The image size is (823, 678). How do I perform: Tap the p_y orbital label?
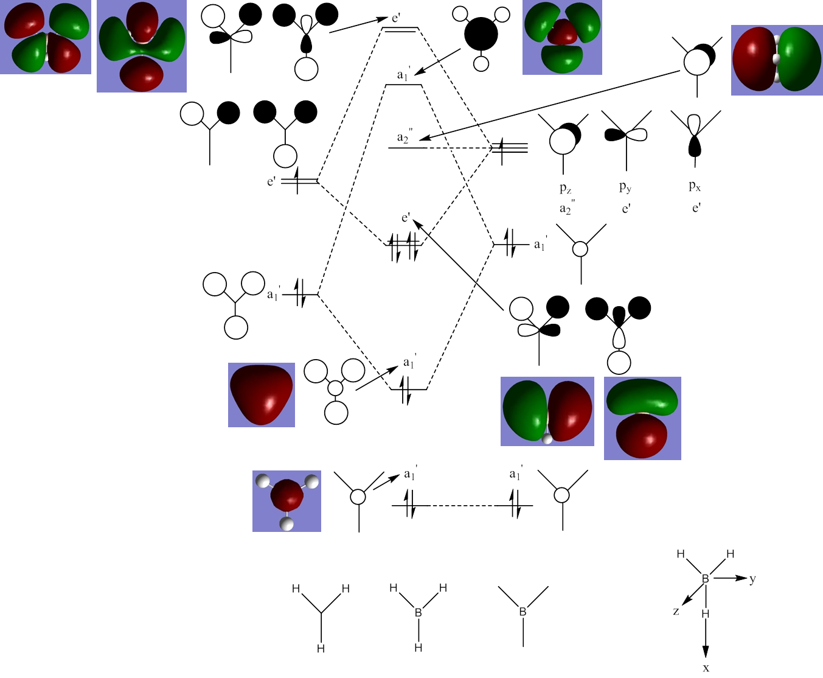[x=625, y=187]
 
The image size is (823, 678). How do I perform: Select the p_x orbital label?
[x=695, y=186]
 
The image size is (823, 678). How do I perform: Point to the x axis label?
[x=706, y=668]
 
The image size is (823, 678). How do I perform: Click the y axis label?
[x=752, y=578]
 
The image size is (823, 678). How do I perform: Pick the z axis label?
[x=676, y=611]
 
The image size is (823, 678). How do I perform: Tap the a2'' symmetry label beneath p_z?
[x=566, y=209]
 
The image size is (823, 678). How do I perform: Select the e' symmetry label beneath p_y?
[x=626, y=209]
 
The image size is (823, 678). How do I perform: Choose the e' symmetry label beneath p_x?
[x=696, y=208]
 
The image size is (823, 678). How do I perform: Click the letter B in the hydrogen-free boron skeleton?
[x=523, y=612]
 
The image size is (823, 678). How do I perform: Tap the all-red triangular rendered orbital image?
[x=262, y=394]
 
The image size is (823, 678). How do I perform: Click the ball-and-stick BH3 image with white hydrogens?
[x=286, y=501]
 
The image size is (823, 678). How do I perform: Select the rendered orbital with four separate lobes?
[x=46, y=37]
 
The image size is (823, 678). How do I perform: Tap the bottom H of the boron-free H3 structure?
[x=321, y=649]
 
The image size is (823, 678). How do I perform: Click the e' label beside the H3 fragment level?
[x=271, y=181]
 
